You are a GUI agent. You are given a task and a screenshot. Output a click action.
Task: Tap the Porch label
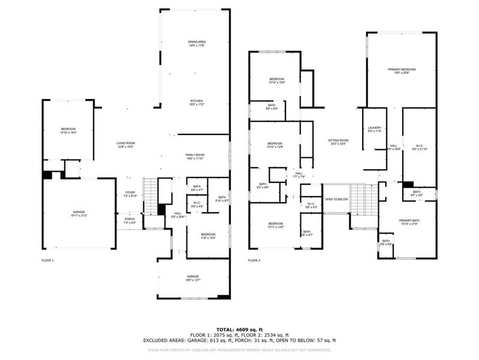pos(129,220)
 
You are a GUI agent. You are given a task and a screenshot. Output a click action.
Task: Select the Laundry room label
pos(374,128)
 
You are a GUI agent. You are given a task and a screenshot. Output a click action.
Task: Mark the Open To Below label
pos(336,199)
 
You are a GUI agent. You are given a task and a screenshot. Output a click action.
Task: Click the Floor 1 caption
pos(47,260)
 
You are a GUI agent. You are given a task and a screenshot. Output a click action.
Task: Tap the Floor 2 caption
pos(254,260)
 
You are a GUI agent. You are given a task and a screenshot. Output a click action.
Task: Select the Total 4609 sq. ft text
pos(239,329)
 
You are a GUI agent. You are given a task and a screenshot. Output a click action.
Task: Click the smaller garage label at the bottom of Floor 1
pos(192,278)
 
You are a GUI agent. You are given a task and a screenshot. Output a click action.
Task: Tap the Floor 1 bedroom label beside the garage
pos(68,131)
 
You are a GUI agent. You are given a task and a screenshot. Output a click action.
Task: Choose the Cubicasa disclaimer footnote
pos(239,350)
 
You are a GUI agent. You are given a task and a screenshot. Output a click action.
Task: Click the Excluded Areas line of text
pos(239,340)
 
